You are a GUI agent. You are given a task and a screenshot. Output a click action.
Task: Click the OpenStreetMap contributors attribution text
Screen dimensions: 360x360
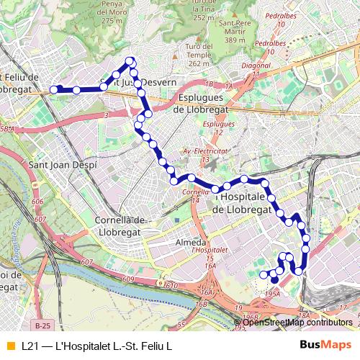[297, 322]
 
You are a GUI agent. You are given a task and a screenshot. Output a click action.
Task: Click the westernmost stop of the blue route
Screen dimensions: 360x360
[53, 90]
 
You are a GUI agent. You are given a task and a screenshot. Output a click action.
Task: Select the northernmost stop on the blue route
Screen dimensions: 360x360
[130, 60]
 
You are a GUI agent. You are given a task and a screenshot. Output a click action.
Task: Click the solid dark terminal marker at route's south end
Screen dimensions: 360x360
[274, 279]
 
